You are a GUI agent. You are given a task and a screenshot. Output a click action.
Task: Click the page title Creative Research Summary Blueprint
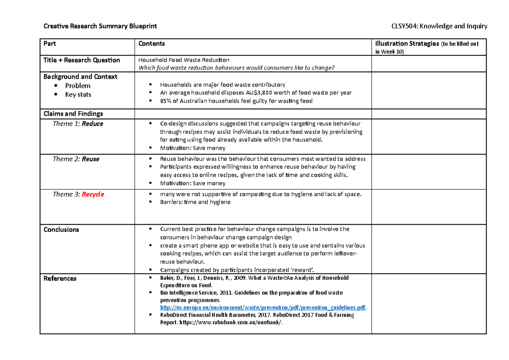tap(100, 26)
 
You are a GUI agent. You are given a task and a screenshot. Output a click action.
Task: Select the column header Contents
tap(151, 44)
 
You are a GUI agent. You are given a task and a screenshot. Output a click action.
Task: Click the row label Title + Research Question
tap(81, 60)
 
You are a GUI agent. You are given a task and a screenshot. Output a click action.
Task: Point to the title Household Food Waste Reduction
tap(184, 60)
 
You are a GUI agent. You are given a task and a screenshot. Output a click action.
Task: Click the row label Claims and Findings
tap(73, 114)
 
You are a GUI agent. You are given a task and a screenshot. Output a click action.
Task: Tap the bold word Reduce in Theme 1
tap(92, 124)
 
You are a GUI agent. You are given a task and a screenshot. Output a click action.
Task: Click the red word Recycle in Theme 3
tap(93, 194)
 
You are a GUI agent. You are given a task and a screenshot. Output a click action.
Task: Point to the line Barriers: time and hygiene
tap(195, 202)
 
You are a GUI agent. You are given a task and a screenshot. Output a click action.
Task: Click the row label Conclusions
tap(61, 230)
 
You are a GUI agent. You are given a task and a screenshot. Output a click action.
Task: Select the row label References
tap(60, 278)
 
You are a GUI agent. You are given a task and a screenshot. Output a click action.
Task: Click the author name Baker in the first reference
tap(167, 278)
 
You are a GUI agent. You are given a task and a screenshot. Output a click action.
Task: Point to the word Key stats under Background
tap(78, 94)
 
